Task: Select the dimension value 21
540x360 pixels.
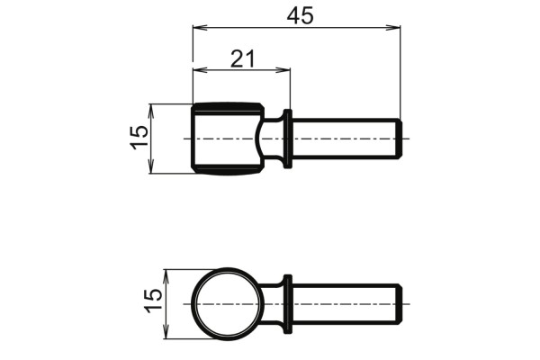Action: coord(242,58)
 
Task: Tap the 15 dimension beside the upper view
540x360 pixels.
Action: coord(139,138)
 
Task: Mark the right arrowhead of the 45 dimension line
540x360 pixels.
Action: coord(396,29)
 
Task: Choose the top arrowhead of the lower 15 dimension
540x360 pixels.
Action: coord(166,273)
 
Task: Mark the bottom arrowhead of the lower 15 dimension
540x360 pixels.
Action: coord(166,335)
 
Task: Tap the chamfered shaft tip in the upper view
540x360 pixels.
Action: coord(397,139)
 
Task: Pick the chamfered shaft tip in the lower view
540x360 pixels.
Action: coord(397,303)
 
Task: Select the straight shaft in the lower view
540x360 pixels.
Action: coord(342,303)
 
